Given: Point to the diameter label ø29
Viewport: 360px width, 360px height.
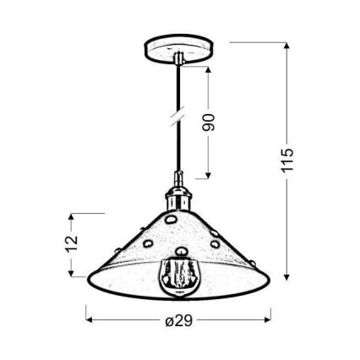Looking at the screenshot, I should click(178, 320).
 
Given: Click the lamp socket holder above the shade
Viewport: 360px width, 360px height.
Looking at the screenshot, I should click(178, 194).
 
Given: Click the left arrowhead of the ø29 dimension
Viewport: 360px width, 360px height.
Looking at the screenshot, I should click(90, 320).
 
